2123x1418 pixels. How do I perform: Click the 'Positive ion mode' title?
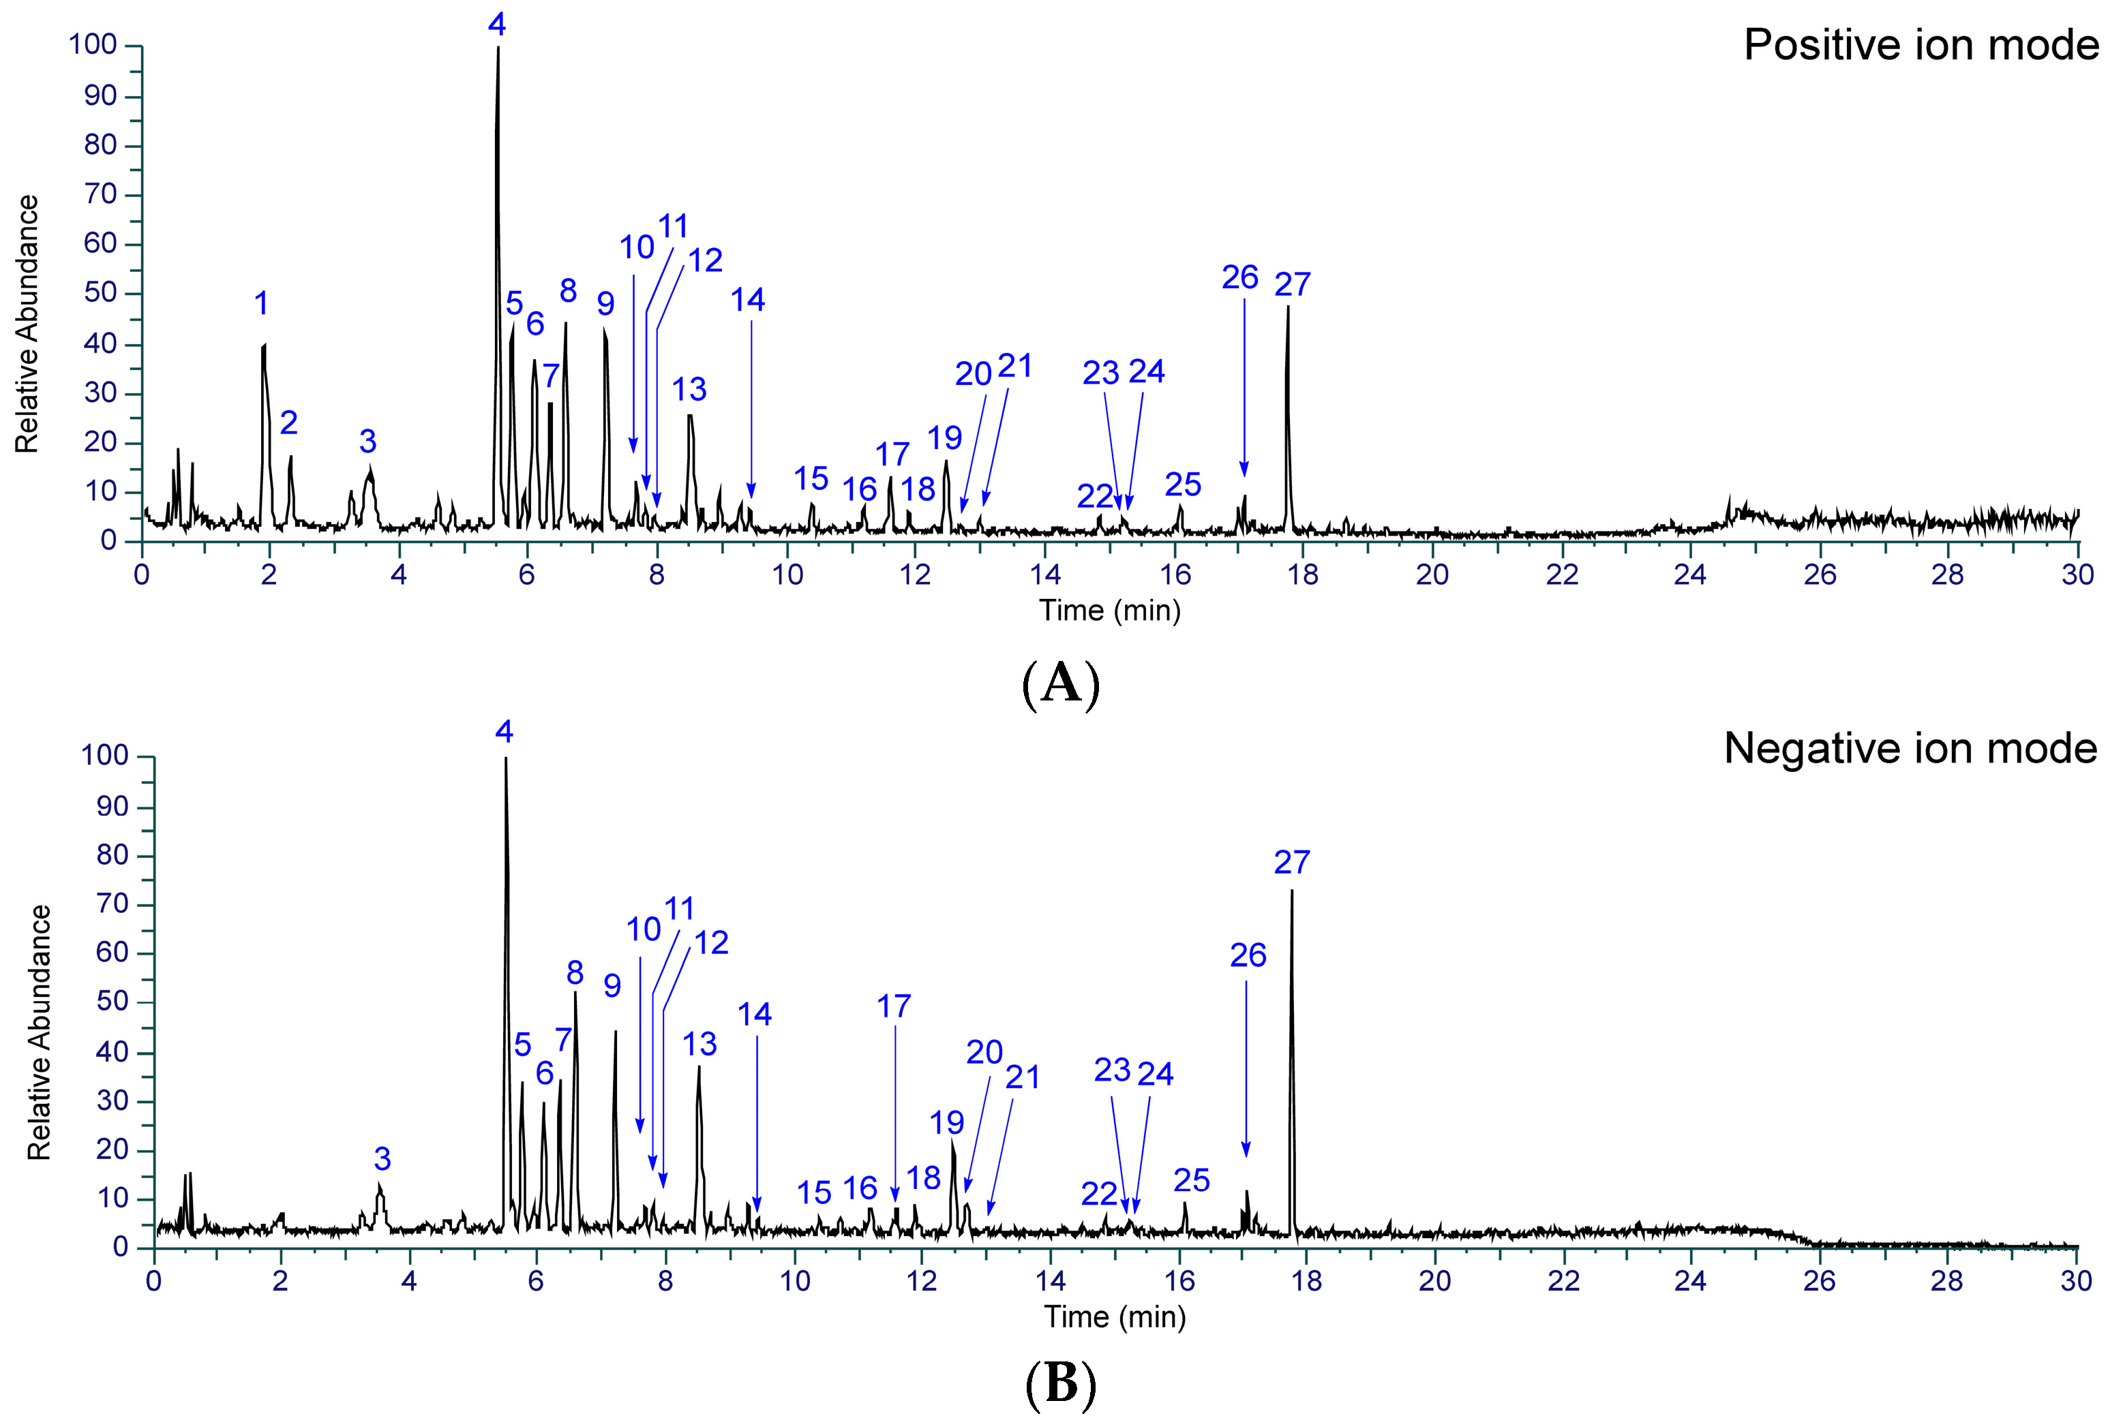(1921, 45)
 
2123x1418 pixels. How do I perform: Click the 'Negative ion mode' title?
(1910, 749)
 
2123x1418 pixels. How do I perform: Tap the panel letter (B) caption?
(1060, 1385)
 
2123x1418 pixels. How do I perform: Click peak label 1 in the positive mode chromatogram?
(261, 304)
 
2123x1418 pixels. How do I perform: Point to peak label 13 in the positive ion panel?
(689, 390)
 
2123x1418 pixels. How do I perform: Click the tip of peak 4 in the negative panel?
(506, 758)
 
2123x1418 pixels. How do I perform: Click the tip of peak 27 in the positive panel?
(1287, 307)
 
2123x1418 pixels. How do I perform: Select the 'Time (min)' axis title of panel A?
(1109, 611)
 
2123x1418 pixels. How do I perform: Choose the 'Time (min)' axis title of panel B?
(1115, 1316)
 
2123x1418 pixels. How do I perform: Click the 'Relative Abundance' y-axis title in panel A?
(27, 324)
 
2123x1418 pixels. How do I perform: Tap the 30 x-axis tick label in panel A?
(2078, 575)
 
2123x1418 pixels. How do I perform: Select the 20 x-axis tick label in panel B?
(1434, 1282)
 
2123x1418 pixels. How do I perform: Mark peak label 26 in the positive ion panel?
(1239, 277)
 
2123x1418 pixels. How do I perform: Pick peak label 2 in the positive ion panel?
(288, 422)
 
